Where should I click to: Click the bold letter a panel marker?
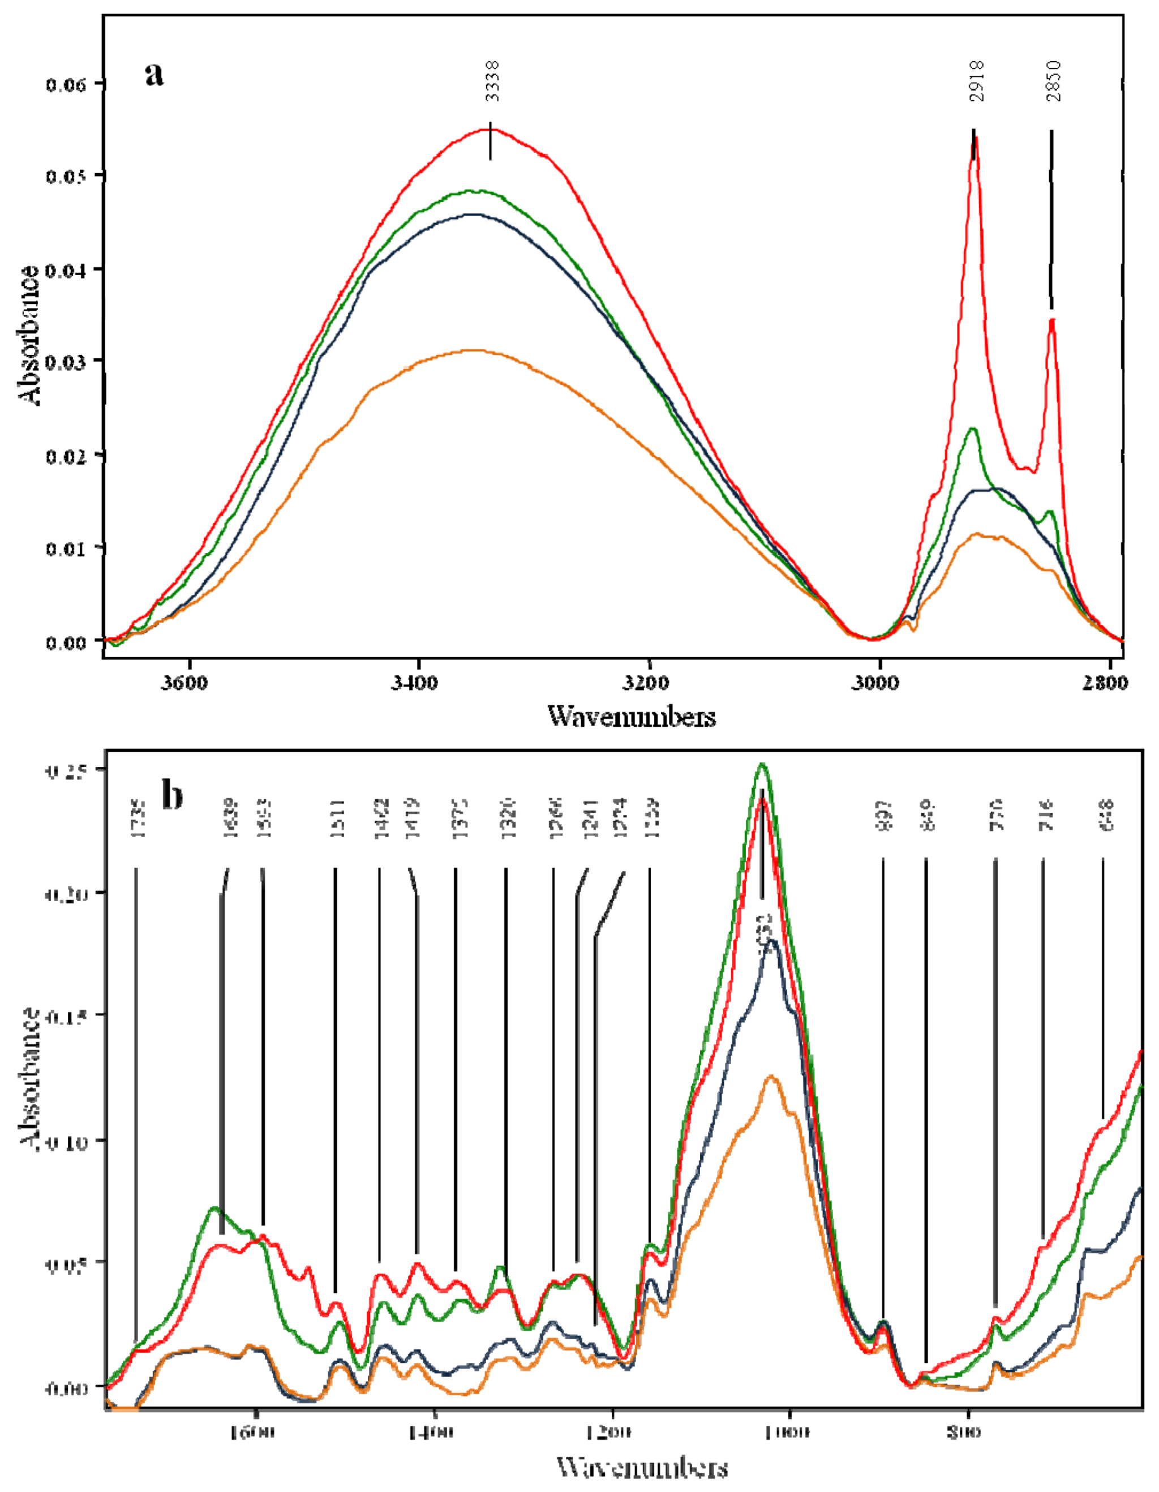[x=154, y=73]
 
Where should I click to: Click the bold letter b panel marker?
[x=172, y=795]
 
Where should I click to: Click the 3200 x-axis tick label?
[x=649, y=683]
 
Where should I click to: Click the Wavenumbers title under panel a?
[x=632, y=716]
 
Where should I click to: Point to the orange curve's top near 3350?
[x=471, y=350]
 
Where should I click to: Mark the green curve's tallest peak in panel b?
[x=762, y=765]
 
